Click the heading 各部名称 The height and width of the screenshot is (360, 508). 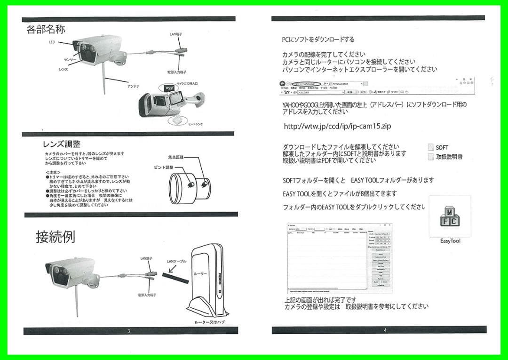(45, 29)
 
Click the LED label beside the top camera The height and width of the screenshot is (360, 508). (52, 42)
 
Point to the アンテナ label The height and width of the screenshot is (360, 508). (133, 87)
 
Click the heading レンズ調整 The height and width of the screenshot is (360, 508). (61, 144)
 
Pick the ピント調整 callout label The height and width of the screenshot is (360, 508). (164, 168)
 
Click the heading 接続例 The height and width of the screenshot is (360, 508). (55, 237)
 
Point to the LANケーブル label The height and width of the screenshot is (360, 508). (177, 261)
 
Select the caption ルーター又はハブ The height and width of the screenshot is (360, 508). (210, 322)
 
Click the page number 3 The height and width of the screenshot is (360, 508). (128, 331)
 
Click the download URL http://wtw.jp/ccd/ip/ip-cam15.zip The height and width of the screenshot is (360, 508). (337, 127)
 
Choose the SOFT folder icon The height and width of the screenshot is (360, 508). (430, 147)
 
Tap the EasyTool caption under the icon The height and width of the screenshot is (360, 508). (450, 241)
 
